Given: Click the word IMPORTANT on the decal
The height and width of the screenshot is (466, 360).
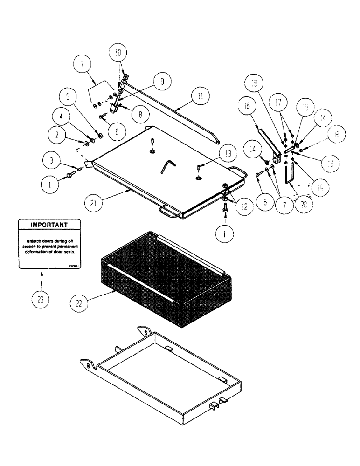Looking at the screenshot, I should point(49,225).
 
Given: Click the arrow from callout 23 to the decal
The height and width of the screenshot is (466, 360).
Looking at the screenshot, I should point(42,280).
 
